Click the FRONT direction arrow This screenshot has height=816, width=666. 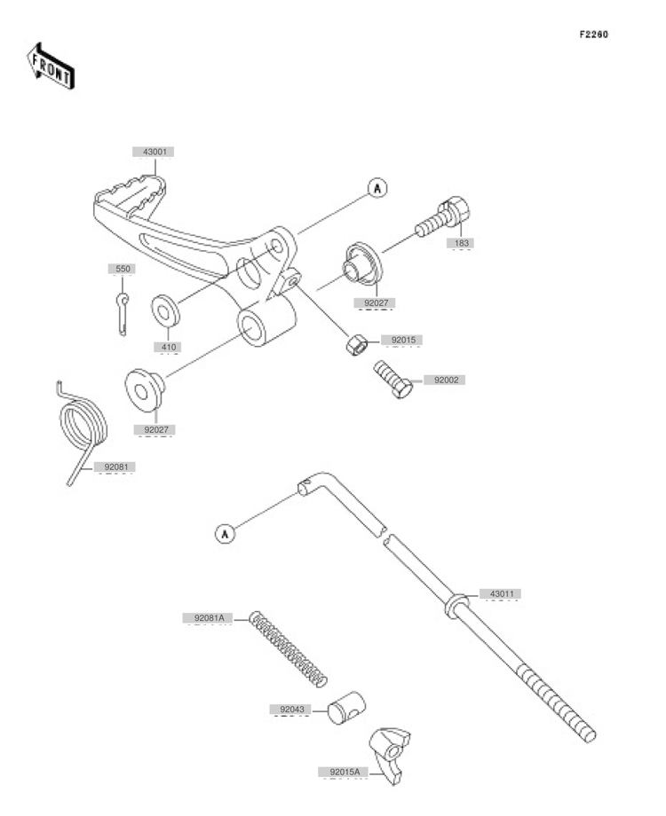point(50,66)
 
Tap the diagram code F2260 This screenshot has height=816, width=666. point(593,35)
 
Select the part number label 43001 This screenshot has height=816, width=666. point(155,152)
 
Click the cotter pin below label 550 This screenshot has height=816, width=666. point(123,314)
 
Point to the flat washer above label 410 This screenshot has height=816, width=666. point(166,311)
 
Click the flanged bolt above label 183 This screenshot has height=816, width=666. point(442,220)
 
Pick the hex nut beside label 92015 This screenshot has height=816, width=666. point(357,344)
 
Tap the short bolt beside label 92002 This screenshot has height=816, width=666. point(392,380)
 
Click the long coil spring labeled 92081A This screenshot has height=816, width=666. point(289,649)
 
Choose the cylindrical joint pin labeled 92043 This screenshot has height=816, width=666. point(346,708)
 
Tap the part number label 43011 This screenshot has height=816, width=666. point(502,593)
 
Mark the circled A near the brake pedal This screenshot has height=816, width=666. point(377,188)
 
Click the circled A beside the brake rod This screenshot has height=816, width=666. point(226,533)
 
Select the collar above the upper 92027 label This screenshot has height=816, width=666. point(362,264)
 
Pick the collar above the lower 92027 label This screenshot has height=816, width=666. point(145,389)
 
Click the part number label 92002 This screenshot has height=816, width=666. point(446,380)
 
